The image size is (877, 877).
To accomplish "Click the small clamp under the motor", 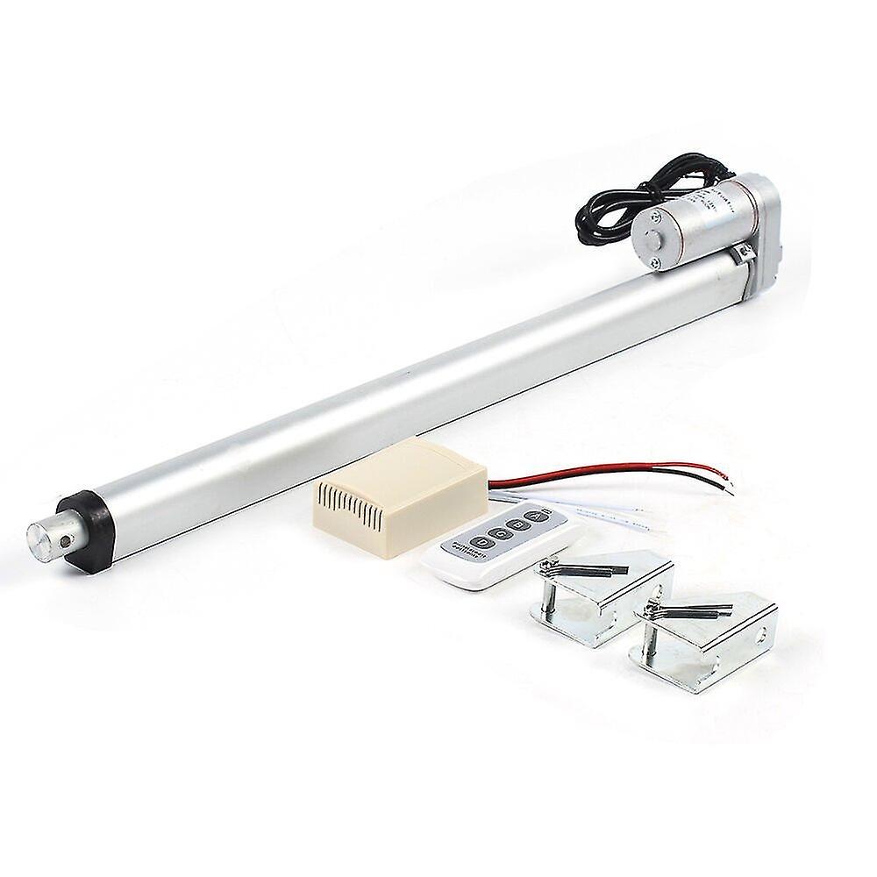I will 744,255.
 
